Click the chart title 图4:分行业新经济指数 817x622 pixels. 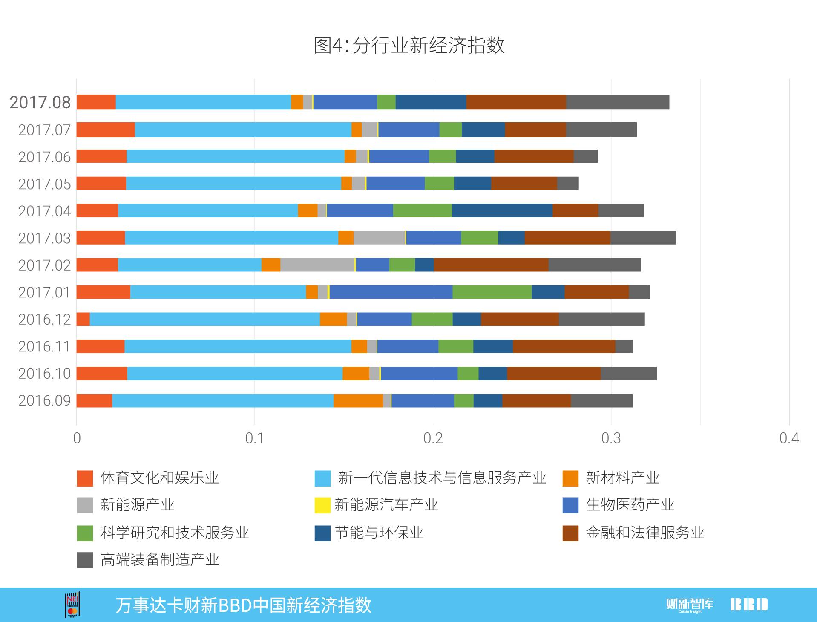click(409, 45)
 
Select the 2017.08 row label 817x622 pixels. click(40, 102)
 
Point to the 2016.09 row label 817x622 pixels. click(44, 400)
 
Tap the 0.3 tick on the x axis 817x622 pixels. click(611, 438)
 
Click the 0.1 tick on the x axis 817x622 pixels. click(255, 438)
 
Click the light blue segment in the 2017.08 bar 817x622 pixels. click(203, 102)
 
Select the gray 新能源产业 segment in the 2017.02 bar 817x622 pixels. click(317, 265)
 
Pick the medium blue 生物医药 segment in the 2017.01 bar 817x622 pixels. click(391, 292)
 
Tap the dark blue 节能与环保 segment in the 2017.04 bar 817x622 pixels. click(502, 210)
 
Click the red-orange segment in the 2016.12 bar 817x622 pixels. click(83, 319)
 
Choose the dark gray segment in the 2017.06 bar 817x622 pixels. click(585, 156)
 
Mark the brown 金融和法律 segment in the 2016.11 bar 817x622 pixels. click(564, 346)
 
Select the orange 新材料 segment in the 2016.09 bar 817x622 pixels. click(358, 400)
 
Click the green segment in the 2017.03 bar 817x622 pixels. click(480, 238)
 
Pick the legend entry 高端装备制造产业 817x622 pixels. click(160, 559)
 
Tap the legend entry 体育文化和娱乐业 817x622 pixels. click(159, 478)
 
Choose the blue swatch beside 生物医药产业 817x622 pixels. click(570, 505)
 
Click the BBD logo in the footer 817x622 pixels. click(749, 605)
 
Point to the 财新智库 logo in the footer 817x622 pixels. click(690, 605)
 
